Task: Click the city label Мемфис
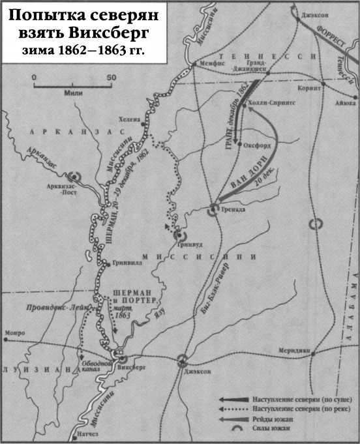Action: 213,65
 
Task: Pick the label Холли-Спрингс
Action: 273,102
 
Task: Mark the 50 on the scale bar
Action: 111,78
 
